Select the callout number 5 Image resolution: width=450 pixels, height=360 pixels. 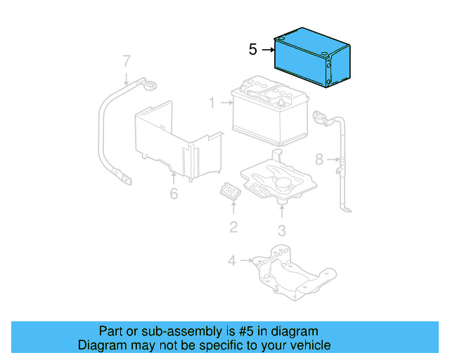coord(253,50)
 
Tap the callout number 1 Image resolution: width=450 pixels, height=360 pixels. coord(211,103)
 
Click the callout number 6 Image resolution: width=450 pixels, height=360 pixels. coord(174,193)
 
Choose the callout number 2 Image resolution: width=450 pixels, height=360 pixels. coord(233,226)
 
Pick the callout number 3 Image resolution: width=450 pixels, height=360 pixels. coord(281,230)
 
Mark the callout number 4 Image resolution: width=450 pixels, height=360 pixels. coord(231,262)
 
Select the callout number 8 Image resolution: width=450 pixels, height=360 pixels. coord(319,160)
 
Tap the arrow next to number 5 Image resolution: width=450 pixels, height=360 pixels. coord(268,50)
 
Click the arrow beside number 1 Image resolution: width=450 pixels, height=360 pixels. coord(225,103)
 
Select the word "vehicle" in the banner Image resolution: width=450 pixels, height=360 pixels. coord(310,345)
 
